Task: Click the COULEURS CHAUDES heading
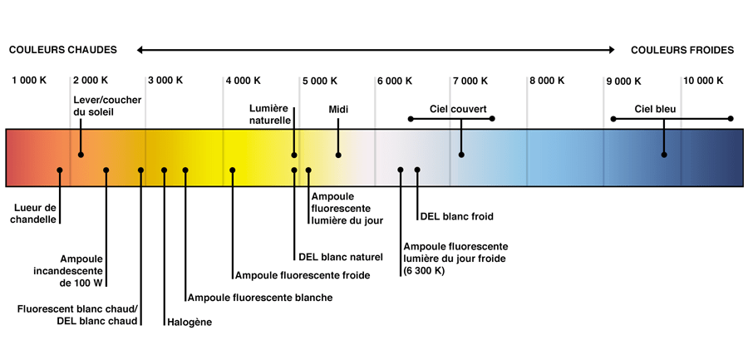point(63,50)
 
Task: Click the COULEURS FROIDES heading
point(682,50)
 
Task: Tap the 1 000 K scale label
point(29,81)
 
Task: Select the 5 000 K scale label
point(319,81)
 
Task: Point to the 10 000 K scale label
point(704,81)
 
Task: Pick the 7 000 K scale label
point(470,81)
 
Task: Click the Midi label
point(339,110)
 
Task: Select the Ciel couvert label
point(458,110)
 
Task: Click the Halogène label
point(189,323)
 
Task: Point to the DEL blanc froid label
point(456,216)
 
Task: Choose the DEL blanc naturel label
point(341,257)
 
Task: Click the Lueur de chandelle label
point(35,214)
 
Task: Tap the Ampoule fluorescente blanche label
point(260,298)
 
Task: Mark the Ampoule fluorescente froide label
point(303,275)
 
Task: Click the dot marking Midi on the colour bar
point(338,155)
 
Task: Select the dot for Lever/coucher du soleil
point(81,155)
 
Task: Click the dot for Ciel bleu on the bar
point(664,155)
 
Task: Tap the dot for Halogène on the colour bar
point(164,170)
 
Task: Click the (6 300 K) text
point(424,271)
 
